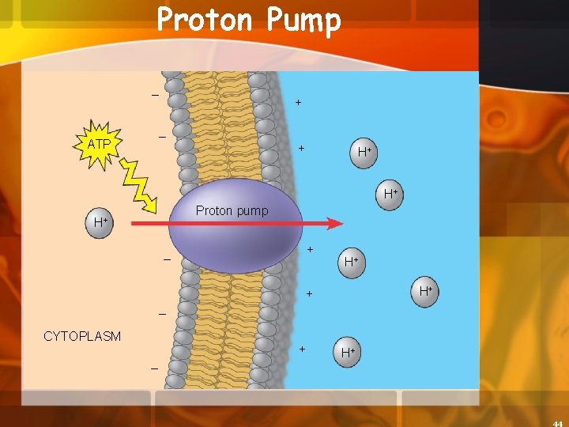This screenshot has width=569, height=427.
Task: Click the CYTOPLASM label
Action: coord(82,336)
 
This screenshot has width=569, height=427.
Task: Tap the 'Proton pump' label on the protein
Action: coord(232,210)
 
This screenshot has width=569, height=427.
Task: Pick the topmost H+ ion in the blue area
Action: coord(364,151)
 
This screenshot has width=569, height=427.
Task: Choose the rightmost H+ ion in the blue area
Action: coord(425,292)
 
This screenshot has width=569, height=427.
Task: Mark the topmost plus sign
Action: coord(298,103)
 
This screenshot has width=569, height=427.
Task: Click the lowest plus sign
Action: coord(303,349)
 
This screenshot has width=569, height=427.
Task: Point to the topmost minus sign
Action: coord(155,96)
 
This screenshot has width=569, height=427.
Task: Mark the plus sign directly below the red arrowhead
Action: coord(310,250)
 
